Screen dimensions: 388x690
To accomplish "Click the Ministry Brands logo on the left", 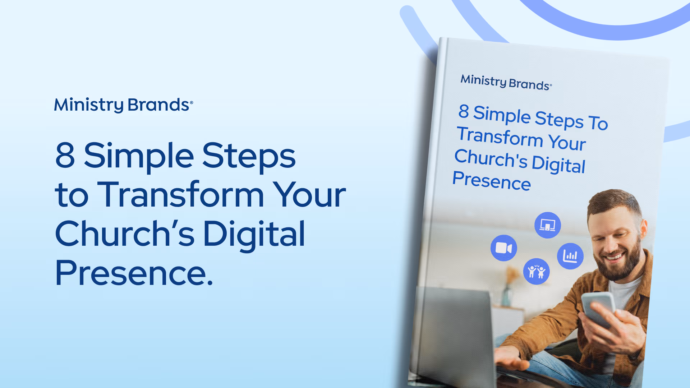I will (123, 105).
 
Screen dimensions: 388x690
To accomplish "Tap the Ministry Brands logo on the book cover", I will (506, 82).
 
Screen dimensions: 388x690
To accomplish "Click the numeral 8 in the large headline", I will (65, 155).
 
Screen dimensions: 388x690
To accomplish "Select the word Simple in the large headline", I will (139, 156).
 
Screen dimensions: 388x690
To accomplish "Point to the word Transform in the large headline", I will (180, 195).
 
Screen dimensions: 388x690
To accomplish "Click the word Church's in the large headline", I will (124, 234).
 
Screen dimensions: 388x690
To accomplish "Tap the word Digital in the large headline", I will (254, 235).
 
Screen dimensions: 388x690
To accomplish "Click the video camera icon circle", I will (503, 248).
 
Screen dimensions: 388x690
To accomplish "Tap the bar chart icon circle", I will (570, 256).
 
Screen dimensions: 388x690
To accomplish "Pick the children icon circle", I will (536, 272).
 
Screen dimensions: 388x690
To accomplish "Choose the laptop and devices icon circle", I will (547, 226).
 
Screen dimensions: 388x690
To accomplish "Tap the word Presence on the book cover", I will (491, 181).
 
